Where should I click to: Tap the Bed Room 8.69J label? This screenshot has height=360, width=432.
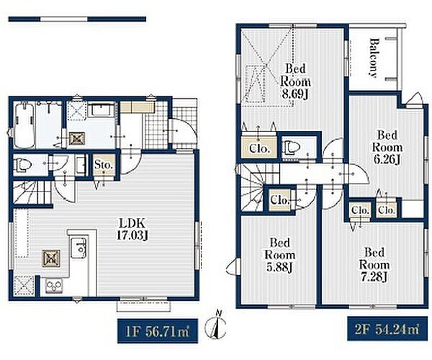tap(295, 81)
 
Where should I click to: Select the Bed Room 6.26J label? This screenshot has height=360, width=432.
tap(387, 147)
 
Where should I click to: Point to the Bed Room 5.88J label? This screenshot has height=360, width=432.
tap(279, 255)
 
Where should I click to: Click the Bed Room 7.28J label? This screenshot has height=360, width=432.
tap(374, 265)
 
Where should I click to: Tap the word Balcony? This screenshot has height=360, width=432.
tap(373, 58)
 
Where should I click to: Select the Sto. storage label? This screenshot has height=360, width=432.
tap(104, 166)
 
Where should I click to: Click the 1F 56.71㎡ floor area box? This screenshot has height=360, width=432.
tap(158, 330)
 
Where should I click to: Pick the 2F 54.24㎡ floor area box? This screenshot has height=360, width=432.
tap(387, 329)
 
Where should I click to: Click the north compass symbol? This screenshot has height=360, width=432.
tap(216, 325)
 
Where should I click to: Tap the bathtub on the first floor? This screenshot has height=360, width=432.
tap(24, 125)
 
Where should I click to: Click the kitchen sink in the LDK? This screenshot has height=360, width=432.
tap(78, 248)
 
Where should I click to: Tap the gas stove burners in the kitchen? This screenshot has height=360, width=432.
tap(54, 287)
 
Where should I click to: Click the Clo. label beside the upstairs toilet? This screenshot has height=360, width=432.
tap(259, 149)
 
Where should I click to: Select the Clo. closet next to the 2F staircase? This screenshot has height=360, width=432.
tap(279, 200)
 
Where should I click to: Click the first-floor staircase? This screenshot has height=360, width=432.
tap(32, 192)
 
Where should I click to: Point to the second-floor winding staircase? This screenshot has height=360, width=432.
tap(252, 187)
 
